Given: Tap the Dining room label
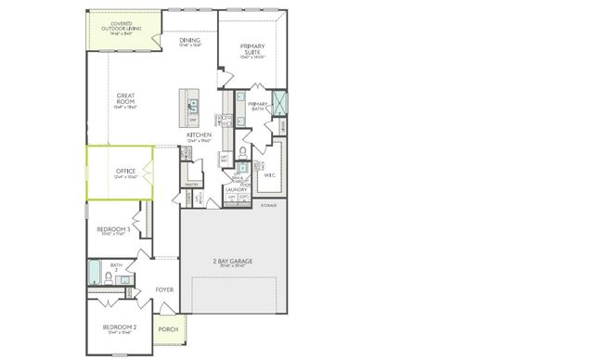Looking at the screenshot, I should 190,41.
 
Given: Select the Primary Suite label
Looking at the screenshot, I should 252,48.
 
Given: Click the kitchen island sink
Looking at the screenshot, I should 193,105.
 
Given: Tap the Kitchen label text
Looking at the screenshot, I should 199,135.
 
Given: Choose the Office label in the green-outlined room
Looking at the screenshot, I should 126,171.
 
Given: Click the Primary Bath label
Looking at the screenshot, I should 257,105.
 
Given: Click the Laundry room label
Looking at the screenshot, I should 237,189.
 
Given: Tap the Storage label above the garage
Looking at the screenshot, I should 268,204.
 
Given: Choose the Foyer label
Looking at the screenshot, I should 164,290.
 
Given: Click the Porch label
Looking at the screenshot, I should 168,329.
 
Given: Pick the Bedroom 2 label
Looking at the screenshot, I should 120,328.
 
